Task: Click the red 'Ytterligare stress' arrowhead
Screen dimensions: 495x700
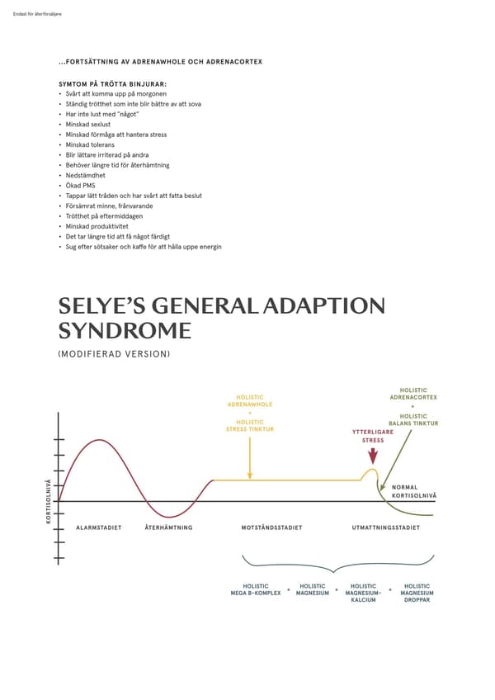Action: click(x=373, y=457)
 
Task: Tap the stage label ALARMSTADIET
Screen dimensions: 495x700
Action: click(x=99, y=527)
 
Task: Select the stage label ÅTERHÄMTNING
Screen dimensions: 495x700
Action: click(x=169, y=527)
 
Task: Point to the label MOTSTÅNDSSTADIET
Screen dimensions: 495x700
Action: click(x=271, y=527)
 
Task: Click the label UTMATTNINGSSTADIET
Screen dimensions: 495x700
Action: click(x=386, y=527)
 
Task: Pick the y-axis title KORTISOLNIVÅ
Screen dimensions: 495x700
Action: click(x=48, y=502)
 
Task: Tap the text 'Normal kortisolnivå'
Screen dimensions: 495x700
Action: click(x=414, y=491)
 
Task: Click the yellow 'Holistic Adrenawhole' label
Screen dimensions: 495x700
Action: click(x=250, y=401)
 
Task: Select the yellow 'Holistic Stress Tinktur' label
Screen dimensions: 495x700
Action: click(x=250, y=425)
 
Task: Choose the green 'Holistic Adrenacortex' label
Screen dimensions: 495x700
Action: click(x=413, y=394)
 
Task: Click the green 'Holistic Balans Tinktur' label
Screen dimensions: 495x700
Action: click(x=413, y=419)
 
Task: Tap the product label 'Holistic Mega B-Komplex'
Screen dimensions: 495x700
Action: click(x=256, y=589)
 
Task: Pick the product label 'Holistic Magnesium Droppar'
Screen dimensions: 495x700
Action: click(x=417, y=593)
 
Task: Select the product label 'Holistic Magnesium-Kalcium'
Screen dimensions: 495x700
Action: click(x=363, y=593)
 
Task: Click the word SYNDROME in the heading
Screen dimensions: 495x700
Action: click(x=125, y=331)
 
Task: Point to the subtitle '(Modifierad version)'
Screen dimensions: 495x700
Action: click(x=115, y=354)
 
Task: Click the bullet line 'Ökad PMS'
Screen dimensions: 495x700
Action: click(x=80, y=185)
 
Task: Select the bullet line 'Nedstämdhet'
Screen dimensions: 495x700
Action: click(x=86, y=175)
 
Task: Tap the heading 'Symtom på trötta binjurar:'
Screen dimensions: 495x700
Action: click(x=113, y=84)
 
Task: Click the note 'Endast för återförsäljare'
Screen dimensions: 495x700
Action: click(x=37, y=14)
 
